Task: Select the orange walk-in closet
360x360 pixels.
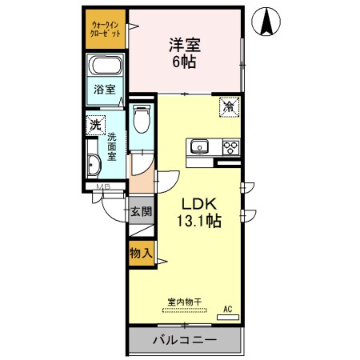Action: click(106, 28)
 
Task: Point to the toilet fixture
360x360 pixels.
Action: click(141, 120)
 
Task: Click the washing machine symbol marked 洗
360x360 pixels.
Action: click(96, 125)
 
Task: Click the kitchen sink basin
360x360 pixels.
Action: click(198, 146)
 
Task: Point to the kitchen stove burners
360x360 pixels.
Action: click(230, 146)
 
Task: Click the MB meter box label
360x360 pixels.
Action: click(102, 188)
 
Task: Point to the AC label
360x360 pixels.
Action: click(227, 307)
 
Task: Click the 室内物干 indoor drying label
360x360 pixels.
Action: click(184, 302)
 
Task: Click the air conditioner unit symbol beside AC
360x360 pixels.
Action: click(227, 317)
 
